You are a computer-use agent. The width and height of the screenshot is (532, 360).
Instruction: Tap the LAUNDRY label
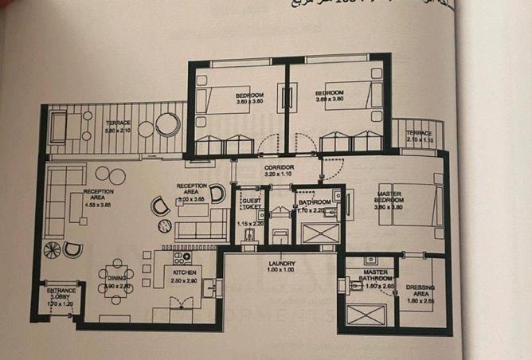tap(282, 264)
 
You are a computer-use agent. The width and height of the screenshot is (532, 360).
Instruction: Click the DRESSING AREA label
tap(420, 288)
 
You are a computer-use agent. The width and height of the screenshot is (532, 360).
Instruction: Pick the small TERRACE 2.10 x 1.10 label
tap(419, 133)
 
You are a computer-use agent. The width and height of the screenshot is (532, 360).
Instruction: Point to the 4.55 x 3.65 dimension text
tap(97, 205)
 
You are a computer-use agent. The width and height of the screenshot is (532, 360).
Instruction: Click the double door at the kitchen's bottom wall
tap(181, 305)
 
